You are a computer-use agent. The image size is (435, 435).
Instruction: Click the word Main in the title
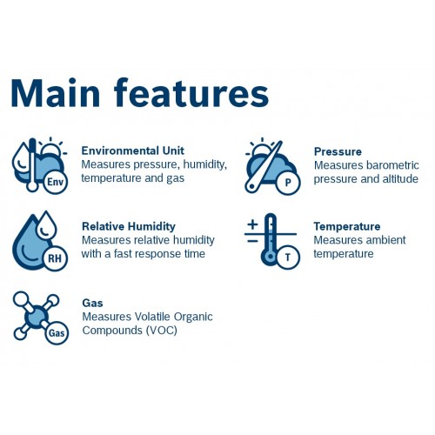click(56, 93)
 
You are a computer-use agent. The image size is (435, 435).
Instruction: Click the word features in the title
click(191, 92)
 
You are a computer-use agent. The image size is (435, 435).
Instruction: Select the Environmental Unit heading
click(133, 151)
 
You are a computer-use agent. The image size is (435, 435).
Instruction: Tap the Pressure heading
click(338, 151)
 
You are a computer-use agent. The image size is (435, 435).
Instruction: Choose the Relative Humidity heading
click(129, 226)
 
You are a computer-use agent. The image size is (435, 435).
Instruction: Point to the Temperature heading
click(347, 226)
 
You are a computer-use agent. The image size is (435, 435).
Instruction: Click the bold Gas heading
click(92, 303)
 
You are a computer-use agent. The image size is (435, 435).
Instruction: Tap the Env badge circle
click(55, 182)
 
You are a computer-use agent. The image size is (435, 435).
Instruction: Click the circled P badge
click(288, 183)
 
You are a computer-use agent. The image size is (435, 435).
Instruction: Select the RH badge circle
click(55, 258)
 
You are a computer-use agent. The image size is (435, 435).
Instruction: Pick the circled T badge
click(287, 258)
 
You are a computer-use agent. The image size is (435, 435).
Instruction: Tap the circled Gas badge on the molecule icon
click(57, 332)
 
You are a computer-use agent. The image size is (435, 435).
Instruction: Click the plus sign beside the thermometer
click(252, 224)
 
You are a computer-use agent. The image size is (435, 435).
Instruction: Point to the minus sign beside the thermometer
click(252, 241)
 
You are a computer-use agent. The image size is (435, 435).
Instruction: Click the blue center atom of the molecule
click(37, 317)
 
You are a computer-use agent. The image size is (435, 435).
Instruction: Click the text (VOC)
click(162, 331)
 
